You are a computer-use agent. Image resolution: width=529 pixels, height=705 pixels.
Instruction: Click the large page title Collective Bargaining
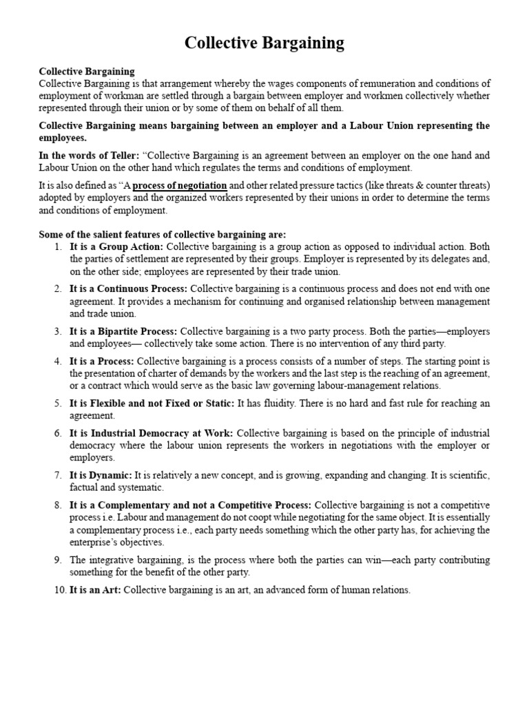pos(264,43)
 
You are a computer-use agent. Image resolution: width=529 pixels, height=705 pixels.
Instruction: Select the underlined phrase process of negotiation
pos(179,185)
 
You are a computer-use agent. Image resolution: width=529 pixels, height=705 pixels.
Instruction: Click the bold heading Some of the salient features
pos(162,234)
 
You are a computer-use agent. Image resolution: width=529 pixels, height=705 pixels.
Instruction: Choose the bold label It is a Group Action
pos(116,246)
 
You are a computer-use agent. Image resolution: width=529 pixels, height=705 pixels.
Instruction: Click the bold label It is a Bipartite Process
pos(123,332)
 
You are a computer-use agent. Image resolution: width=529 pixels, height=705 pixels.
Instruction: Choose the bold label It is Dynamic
pos(101,475)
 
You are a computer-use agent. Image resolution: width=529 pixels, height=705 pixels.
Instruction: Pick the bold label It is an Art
pos(95,590)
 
